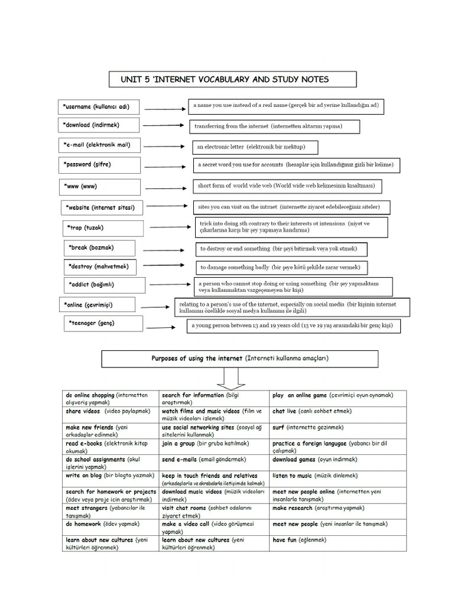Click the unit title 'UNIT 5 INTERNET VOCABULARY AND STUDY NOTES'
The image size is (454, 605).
point(232,79)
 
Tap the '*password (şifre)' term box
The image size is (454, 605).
point(99,165)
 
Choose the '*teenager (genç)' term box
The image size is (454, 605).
point(103,323)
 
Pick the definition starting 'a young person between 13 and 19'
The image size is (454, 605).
point(293,326)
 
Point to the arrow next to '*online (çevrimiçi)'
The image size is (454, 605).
point(155,307)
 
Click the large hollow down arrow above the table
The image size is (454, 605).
point(231,377)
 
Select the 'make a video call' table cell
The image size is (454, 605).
point(214,528)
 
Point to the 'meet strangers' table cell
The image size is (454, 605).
point(111,511)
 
